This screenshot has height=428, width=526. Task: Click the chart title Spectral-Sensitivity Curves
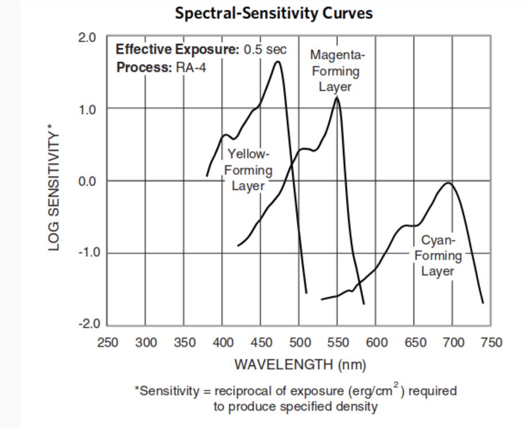273,13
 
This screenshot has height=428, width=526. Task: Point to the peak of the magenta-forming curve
337,98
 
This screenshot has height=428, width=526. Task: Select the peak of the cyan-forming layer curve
449,183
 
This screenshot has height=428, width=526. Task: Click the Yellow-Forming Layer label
248,170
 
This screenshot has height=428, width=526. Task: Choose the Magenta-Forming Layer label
337,71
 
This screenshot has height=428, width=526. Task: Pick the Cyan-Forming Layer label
438,256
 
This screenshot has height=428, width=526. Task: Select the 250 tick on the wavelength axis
107,343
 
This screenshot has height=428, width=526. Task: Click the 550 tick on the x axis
338,343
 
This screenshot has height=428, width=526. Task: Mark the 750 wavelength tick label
491,343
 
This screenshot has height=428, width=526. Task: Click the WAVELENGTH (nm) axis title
300,364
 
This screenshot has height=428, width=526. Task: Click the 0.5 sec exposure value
265,49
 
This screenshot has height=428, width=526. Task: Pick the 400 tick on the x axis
222,343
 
